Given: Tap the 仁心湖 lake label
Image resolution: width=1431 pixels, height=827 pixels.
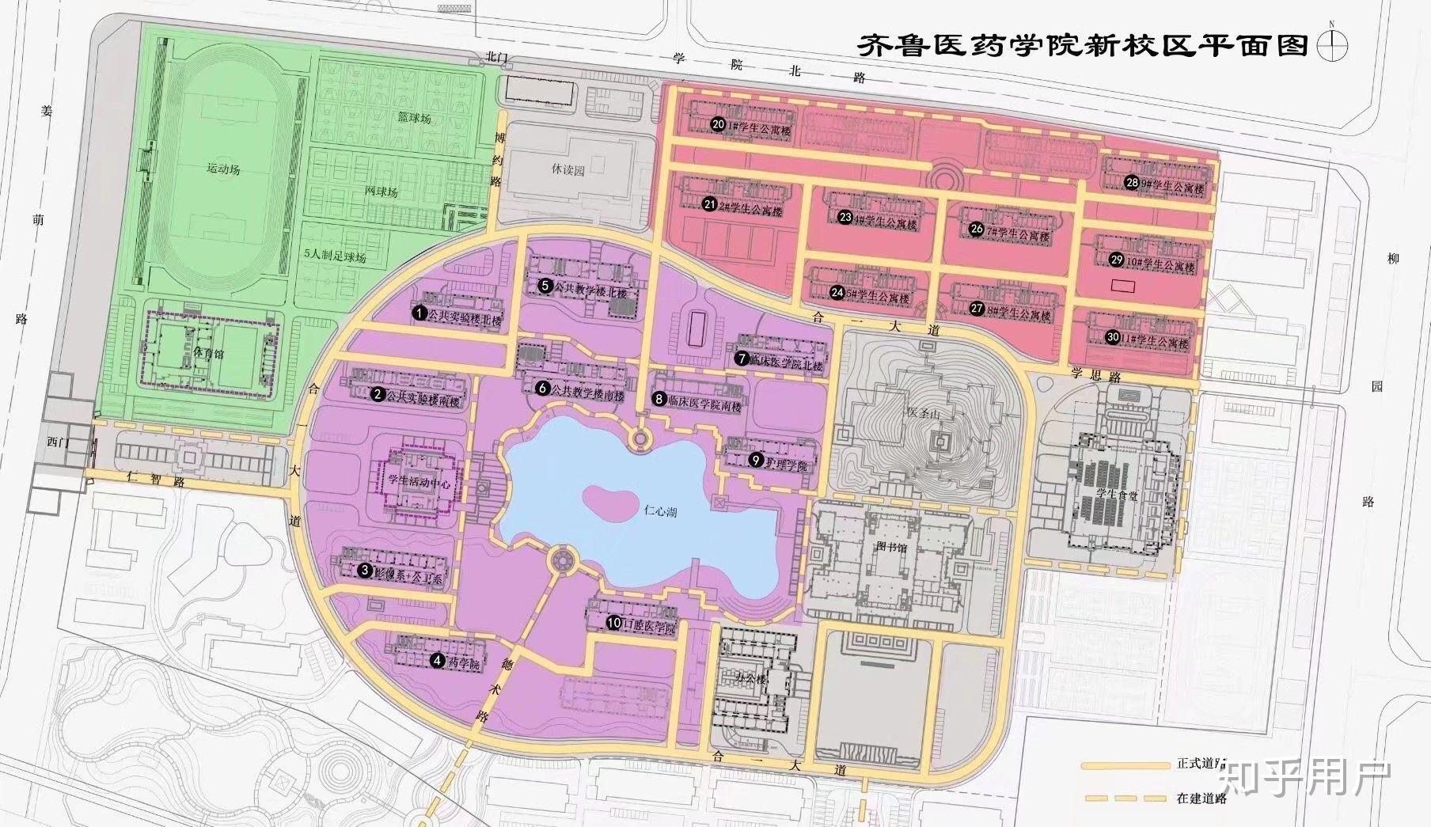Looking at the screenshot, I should tap(659, 513).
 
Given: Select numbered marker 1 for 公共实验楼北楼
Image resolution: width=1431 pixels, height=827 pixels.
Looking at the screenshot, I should tap(420, 313).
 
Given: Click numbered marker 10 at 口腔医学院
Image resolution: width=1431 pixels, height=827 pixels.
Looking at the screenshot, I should tap(615, 623).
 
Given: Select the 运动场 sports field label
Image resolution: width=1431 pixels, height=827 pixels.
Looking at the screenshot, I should tap(223, 169).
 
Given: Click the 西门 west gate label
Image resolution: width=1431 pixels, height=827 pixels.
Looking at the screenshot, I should tap(59, 442).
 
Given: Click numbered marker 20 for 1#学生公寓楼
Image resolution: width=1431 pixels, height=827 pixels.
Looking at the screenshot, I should tap(719, 124).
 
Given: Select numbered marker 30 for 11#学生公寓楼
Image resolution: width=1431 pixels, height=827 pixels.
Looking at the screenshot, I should tap(1113, 337).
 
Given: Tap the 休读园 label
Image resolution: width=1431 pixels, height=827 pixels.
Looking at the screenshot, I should tap(567, 170).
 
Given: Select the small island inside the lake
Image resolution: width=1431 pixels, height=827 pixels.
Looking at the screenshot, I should tap(608, 499).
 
